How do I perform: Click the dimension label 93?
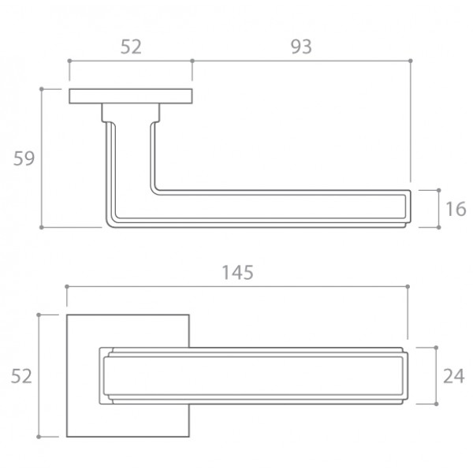(x=301, y=47)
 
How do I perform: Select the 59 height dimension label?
(x=24, y=158)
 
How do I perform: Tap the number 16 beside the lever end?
(x=456, y=209)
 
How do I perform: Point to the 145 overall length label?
(x=238, y=273)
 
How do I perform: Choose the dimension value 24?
(x=454, y=376)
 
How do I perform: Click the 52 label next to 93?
(x=131, y=47)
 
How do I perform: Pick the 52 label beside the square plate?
(x=21, y=376)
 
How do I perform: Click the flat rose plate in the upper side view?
(x=131, y=96)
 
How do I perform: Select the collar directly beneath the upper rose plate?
(x=131, y=113)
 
